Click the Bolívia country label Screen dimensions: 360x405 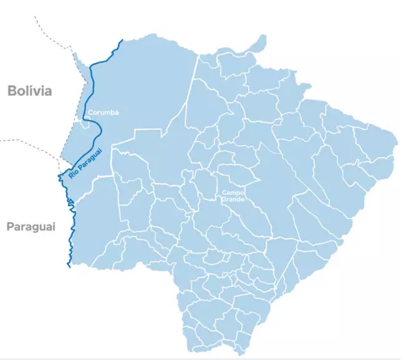point(29,90)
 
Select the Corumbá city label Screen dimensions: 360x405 point(103,112)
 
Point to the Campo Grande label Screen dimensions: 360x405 point(232,196)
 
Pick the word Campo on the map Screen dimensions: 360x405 point(232,192)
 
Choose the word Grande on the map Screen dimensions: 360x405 point(232,199)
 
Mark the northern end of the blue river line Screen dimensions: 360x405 point(122,41)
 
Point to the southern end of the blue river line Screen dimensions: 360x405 point(68,266)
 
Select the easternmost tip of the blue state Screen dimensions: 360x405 point(394,137)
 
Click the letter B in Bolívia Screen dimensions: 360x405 point(12,90)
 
